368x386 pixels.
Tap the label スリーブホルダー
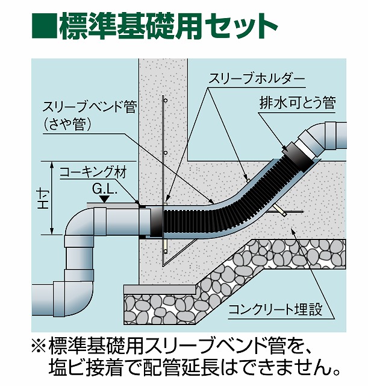pos(257,78)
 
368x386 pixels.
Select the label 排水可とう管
pos(297,103)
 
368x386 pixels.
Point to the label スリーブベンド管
pos(90,109)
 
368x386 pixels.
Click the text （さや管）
pos(66,124)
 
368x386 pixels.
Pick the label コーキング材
pos(93,172)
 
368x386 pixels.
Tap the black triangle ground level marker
pos(105,198)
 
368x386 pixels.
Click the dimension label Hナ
pos(43,197)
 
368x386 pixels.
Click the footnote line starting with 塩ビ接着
pos(196,366)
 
